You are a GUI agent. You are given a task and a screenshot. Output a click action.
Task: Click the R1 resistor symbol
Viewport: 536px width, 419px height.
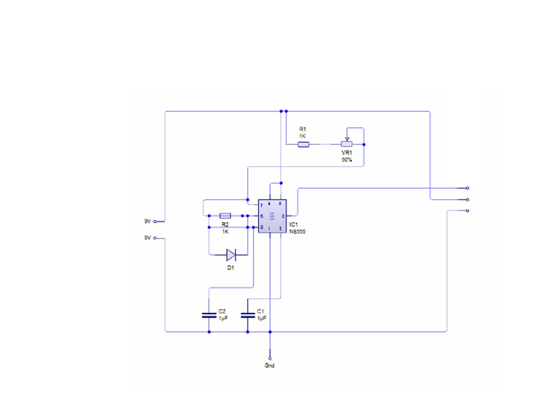pos(304,145)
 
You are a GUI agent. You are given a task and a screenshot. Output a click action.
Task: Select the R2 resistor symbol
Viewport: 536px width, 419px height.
pos(225,216)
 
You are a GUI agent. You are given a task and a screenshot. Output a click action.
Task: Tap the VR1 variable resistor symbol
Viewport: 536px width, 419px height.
pos(346,144)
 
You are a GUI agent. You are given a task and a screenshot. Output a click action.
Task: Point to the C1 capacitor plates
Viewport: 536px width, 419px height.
pos(247,315)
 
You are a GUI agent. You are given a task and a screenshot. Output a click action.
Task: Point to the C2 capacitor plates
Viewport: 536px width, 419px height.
pos(209,315)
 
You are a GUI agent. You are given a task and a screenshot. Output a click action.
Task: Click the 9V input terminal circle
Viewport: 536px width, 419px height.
pos(155,221)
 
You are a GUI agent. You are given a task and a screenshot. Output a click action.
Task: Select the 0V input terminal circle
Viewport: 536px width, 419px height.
pos(155,238)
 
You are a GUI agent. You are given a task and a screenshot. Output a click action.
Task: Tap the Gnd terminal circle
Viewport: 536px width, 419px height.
pos(270,358)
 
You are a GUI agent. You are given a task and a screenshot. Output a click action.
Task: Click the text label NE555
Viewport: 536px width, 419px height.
pos(298,231)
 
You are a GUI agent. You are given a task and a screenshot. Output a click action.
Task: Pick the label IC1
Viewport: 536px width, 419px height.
pos(294,225)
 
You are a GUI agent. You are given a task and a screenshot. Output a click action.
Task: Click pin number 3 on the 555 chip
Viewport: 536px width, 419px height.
pos(283,216)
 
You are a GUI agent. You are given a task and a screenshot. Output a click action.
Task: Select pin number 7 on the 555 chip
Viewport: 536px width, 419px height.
pos(262,205)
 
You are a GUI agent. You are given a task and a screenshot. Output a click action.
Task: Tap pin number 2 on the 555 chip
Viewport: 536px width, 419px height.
pos(262,227)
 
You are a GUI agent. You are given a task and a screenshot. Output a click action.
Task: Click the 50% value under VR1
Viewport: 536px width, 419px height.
pos(347,160)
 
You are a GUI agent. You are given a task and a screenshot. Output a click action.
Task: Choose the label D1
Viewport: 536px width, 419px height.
pos(231,268)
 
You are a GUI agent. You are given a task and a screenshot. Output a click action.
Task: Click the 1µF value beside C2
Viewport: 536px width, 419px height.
pos(223,318)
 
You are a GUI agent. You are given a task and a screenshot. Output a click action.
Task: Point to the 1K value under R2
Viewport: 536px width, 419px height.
pos(225,231)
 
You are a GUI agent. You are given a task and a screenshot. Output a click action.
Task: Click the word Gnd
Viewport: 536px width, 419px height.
pos(270,365)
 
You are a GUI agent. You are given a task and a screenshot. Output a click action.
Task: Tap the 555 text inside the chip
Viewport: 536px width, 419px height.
pos(272,216)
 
